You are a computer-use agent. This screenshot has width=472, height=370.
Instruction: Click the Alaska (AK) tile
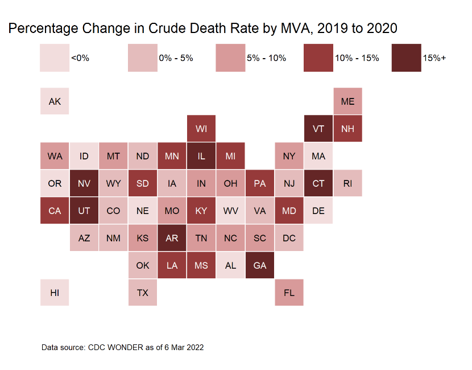click(x=55, y=101)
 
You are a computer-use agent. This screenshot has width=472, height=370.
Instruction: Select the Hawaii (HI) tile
click(x=55, y=293)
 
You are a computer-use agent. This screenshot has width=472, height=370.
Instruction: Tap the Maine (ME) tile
click(x=348, y=101)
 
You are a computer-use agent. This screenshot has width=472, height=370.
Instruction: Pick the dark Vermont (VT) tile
click(x=318, y=129)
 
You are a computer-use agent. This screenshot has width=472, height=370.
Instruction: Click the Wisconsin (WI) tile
click(x=201, y=129)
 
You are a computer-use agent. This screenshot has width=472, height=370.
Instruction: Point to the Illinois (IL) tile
click(x=201, y=156)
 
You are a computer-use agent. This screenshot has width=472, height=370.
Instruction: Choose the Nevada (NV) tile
click(x=84, y=183)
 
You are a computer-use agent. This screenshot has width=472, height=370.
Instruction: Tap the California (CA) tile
click(x=55, y=211)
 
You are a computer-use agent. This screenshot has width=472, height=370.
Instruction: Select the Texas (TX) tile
click(x=143, y=293)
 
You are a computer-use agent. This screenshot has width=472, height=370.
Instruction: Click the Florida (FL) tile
click(x=289, y=293)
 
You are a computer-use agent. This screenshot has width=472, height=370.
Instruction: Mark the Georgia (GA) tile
click(x=260, y=265)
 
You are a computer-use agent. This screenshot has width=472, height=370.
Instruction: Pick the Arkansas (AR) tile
click(x=172, y=238)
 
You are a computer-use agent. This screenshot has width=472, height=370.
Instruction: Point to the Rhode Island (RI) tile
click(x=348, y=183)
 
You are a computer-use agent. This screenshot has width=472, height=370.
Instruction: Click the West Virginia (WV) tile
click(x=230, y=211)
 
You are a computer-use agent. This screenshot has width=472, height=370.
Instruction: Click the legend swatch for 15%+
click(x=406, y=58)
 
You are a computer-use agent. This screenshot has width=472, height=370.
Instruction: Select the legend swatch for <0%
click(x=55, y=58)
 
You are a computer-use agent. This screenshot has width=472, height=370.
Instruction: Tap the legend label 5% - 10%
click(x=266, y=58)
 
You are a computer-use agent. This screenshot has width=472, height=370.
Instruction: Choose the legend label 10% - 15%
click(x=357, y=58)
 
